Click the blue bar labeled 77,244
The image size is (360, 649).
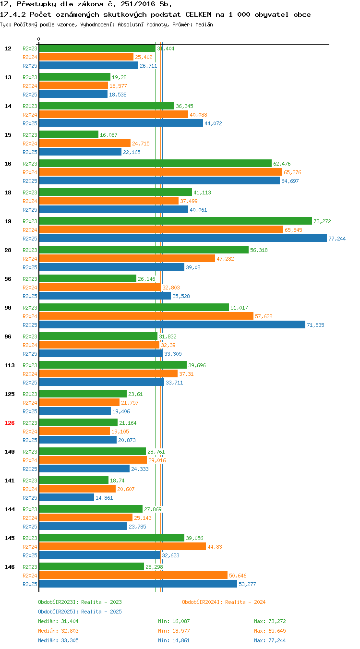pos(183,238)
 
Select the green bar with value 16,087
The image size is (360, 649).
pos(69,134)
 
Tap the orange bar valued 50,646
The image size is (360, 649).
pos(133,575)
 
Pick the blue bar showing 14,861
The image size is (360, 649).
pos(67,497)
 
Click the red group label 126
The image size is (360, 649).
pos(9,423)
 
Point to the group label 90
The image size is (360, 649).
pos(8,307)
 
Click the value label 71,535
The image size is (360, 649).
pos(315,325)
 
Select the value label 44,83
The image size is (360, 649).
pos(215,547)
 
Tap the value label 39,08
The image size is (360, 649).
pos(193,267)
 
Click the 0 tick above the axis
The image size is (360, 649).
pos(38,39)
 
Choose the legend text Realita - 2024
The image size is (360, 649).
pos(245,602)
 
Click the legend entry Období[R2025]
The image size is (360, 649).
pos(58,612)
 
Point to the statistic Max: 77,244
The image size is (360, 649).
pos(270,640)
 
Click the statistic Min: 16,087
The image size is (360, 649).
pos(174,621)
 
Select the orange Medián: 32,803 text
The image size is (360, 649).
pos(58,631)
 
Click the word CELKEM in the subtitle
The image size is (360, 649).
pos(198,14)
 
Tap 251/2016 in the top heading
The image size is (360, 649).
pos(138,4)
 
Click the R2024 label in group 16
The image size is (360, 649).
pos(30,172)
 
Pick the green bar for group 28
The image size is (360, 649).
pos(144,250)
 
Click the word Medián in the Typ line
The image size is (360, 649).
pos(204,24)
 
